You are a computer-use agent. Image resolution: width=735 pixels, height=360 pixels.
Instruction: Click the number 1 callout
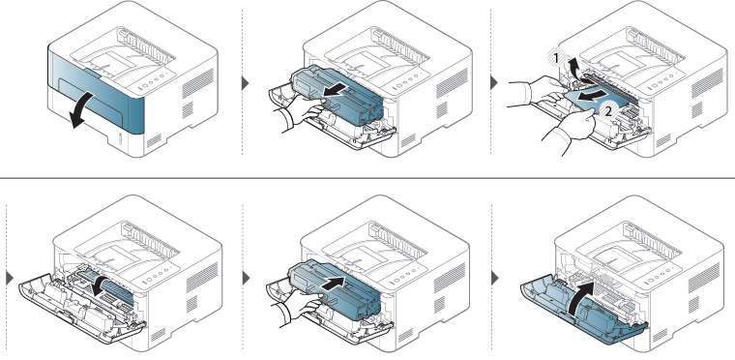pos(556,58)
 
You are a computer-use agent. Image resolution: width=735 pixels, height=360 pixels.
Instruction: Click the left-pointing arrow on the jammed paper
pos(593,97)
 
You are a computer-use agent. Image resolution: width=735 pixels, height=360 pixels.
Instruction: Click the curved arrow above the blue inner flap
pos(104,285)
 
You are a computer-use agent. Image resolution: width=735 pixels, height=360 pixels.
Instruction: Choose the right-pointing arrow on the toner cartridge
pos(337,284)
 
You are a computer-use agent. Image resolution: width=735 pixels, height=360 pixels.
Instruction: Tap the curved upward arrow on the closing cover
pos(581,299)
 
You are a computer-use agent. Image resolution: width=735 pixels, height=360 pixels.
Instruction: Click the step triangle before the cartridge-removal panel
pos(245,83)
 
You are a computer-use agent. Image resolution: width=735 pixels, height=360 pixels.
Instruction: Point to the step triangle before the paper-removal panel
pos(493,83)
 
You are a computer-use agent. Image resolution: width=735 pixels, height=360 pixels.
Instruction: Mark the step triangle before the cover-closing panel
pos(495,279)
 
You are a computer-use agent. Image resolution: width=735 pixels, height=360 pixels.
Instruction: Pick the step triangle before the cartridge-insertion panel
pos(246,278)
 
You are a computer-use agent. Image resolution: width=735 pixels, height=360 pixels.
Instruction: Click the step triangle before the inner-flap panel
pos(10,278)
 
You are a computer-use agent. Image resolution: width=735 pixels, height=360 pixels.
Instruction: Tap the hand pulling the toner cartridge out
pos(300,111)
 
